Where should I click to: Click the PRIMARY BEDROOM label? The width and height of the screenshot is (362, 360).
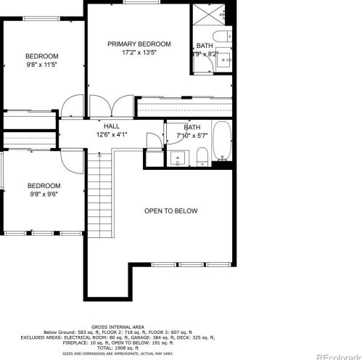click(139, 44)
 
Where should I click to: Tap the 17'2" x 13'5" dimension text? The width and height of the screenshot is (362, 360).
click(139, 53)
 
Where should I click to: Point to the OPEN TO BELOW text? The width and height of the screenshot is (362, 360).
click(170, 211)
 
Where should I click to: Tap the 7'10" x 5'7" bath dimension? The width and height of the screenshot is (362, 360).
click(192, 136)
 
